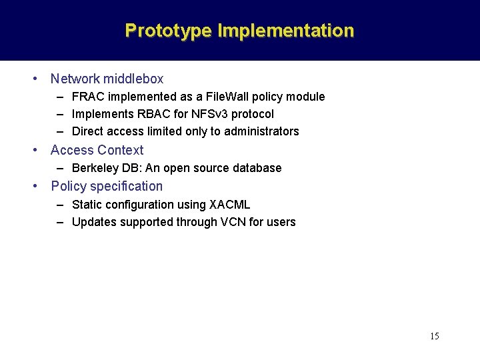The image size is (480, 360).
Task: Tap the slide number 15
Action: pos(434,336)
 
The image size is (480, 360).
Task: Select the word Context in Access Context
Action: pos(121,150)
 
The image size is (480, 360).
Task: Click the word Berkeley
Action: pos(93,168)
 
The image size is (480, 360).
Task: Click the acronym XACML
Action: pos(229,205)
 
